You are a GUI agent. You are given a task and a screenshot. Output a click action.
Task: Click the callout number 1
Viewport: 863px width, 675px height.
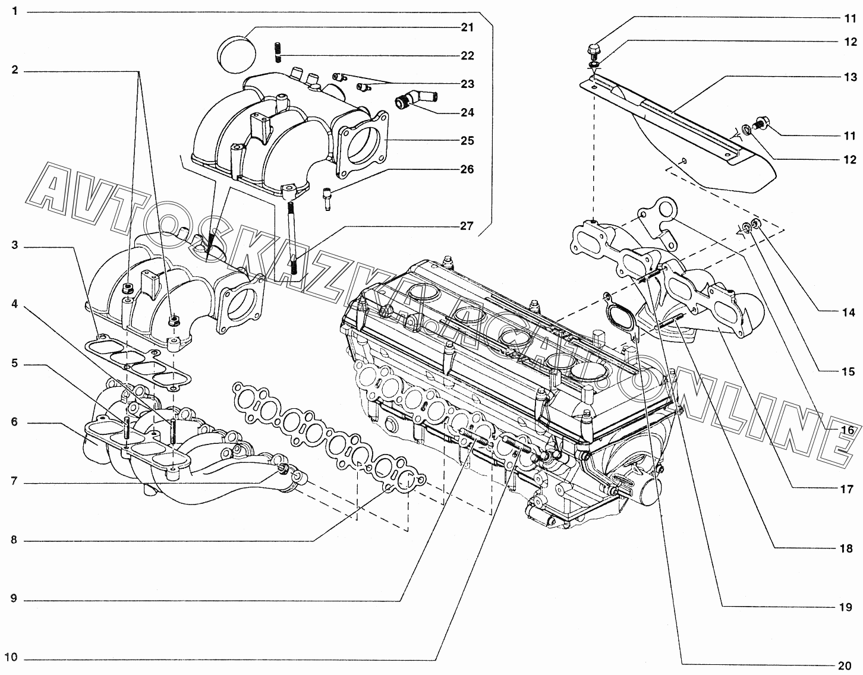(x=15, y=11)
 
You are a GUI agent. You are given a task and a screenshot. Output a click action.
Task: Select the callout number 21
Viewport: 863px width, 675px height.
(x=467, y=27)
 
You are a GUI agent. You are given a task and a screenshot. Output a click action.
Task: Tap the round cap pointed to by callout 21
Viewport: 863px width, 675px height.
(x=237, y=55)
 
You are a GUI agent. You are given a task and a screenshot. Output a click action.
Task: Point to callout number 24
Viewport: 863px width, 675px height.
(x=467, y=113)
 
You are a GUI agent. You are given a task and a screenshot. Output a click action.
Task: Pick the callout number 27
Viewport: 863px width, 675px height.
(x=467, y=226)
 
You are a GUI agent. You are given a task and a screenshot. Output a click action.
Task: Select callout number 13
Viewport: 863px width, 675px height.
(x=850, y=77)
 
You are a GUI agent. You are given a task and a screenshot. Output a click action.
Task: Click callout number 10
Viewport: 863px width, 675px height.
(x=11, y=657)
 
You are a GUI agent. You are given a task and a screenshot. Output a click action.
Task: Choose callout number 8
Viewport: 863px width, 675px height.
(x=14, y=540)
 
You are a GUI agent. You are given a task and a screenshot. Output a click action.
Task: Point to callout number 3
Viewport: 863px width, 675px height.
(x=15, y=245)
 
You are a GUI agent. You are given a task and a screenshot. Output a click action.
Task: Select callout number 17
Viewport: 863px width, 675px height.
(x=847, y=490)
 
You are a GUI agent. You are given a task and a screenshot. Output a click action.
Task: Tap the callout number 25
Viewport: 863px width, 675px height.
(x=467, y=141)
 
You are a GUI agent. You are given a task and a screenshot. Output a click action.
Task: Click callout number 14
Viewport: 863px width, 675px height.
(x=848, y=313)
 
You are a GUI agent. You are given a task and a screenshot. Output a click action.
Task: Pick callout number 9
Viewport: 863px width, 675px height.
(x=14, y=598)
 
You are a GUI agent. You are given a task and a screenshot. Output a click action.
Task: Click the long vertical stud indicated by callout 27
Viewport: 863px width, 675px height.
(x=292, y=238)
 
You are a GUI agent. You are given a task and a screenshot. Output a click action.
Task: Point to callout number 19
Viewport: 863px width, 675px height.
(x=846, y=607)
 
